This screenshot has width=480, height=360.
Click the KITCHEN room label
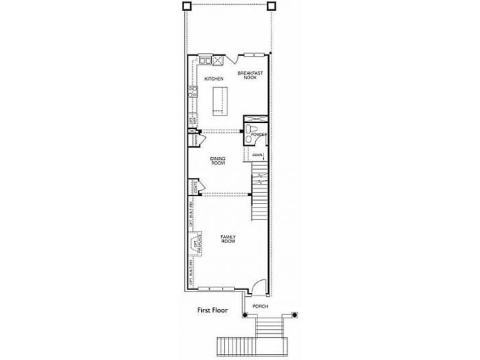coord(214,79)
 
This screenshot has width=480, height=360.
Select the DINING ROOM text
coord(218,161)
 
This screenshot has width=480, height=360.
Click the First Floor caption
coord(212,311)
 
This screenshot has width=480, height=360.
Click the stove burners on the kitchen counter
coord(218,61)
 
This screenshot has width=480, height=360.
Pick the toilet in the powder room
coord(251,129)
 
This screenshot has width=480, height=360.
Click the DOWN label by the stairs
coord(258,155)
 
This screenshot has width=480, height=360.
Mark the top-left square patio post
coord(186,6)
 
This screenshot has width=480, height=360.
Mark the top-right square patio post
coord(271,6)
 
